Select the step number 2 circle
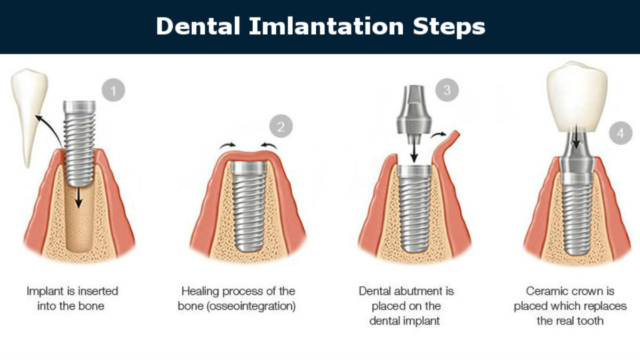(x=281, y=126)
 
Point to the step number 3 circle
(x=447, y=89)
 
